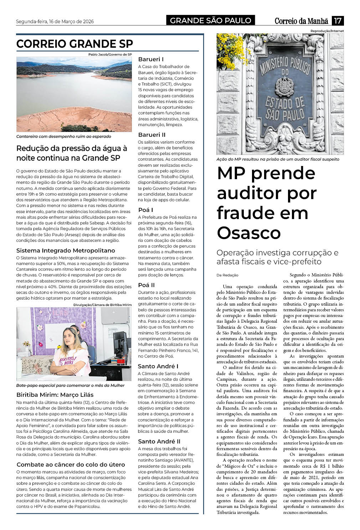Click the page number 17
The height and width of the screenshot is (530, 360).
tap(338, 21)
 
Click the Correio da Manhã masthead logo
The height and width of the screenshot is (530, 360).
tap(302, 21)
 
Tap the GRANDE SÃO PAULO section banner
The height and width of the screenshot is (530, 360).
tap(210, 21)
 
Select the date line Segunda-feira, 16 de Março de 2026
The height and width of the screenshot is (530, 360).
tap(55, 21)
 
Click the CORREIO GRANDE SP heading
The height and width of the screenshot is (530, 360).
tap(74, 44)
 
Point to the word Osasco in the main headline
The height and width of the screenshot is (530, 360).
tap(249, 233)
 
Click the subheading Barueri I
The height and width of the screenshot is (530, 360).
tap(151, 59)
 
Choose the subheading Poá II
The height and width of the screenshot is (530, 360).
tap(146, 285)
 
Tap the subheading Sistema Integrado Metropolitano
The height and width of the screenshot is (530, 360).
tap(66, 250)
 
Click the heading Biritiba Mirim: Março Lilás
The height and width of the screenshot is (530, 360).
tap(55, 395)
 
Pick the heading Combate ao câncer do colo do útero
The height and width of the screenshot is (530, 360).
tap(71, 464)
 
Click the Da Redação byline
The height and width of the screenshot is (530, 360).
tap(227, 275)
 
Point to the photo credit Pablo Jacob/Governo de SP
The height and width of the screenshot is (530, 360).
tap(110, 54)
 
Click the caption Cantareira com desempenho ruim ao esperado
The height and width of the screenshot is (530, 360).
tap(63, 136)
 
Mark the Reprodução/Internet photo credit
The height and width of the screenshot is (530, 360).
tap(327, 31)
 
